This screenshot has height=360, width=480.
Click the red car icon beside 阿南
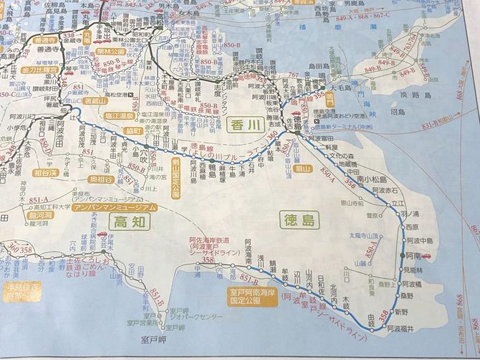pos(427,255)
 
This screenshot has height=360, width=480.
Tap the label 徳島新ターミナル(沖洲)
pos(343,123)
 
